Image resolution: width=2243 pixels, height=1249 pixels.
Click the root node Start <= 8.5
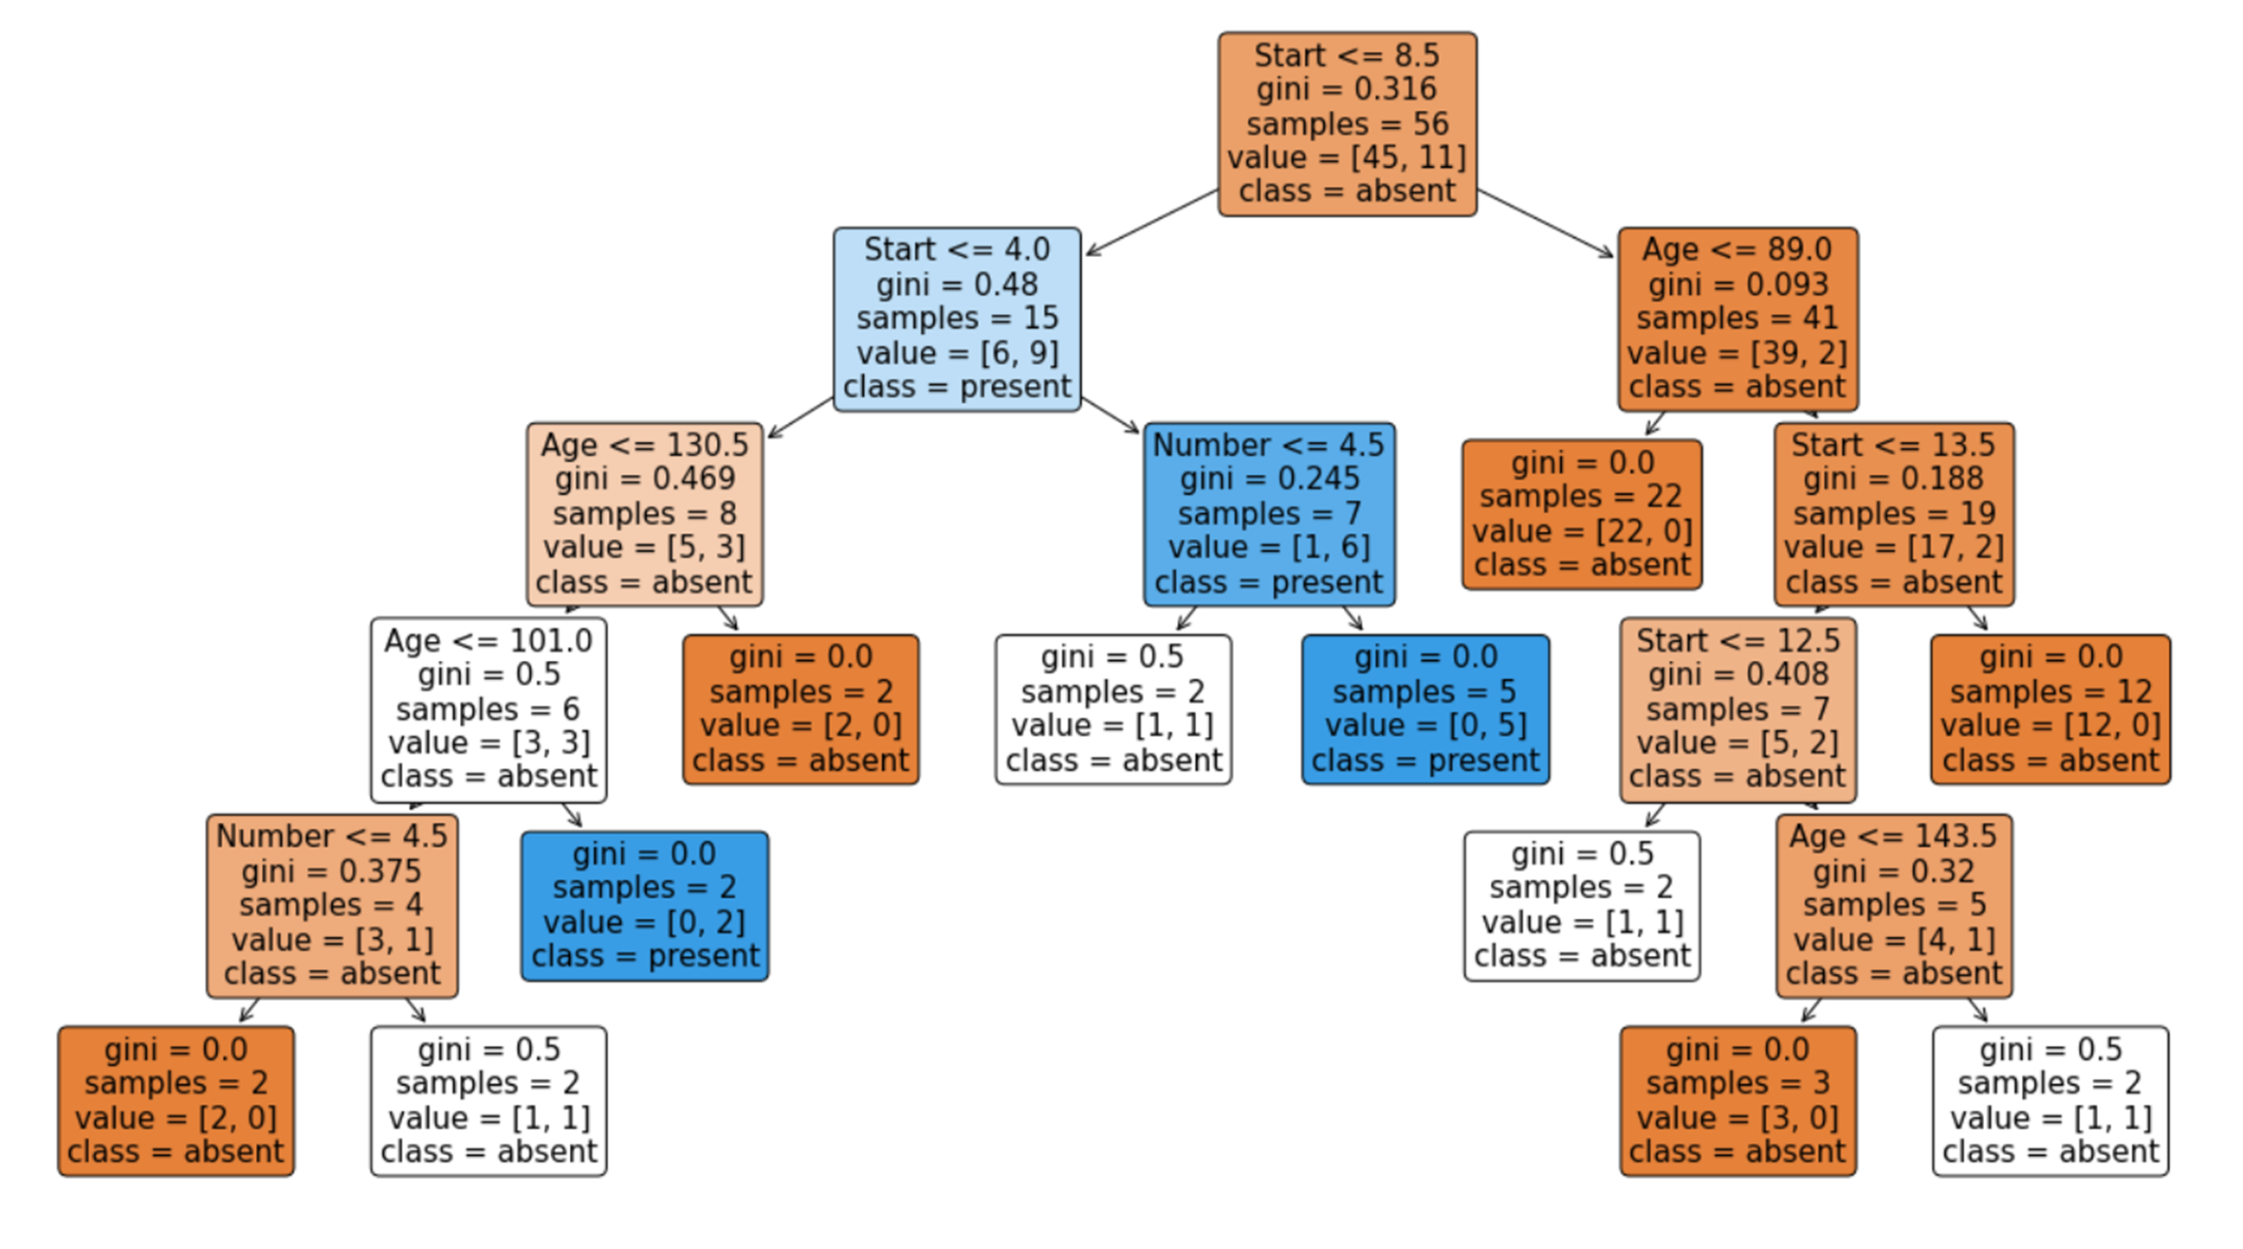(1347, 124)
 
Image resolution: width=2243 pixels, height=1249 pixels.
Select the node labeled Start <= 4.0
(957, 320)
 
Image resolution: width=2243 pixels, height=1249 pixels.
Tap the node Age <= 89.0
(1737, 320)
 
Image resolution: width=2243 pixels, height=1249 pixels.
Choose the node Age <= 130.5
(645, 514)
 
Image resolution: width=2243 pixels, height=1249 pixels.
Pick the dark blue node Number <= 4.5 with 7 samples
(1269, 514)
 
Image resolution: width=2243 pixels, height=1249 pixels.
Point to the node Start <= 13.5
(1894, 514)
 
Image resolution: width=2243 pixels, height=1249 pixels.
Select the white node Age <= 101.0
(488, 709)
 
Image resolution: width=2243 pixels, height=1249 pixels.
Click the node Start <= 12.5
(1737, 709)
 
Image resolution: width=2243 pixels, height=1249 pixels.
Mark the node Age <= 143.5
(1894, 905)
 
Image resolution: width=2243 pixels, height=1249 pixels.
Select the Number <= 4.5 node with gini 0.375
(332, 905)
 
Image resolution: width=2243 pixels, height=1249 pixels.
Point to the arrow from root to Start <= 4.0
(1150, 223)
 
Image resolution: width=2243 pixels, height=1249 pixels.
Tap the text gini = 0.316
(1347, 89)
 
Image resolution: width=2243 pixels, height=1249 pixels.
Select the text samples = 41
(1737, 319)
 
